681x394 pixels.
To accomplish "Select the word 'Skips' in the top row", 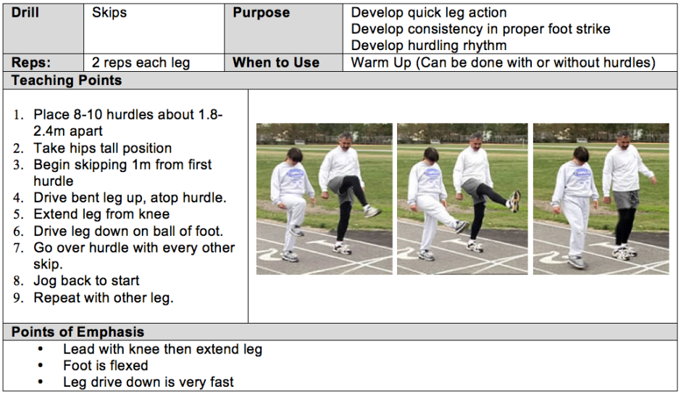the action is (x=109, y=12).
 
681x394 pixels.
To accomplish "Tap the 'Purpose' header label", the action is (x=261, y=12).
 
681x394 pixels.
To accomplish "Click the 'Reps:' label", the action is (x=31, y=62).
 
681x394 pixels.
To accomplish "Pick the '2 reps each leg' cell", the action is (x=141, y=62).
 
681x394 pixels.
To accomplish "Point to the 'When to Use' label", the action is (x=276, y=62).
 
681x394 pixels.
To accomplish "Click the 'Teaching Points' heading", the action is (x=67, y=81).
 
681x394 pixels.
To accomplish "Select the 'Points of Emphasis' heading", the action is (x=78, y=332).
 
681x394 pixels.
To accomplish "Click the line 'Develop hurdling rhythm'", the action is (x=429, y=45).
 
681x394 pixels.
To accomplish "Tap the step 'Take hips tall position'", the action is (x=102, y=148).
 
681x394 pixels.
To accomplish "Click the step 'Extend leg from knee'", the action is (x=101, y=214).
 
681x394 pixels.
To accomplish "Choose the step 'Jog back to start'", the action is (x=86, y=281).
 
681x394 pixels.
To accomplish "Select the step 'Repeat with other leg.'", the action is (x=104, y=298).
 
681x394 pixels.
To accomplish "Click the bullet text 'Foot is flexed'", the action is (x=106, y=365).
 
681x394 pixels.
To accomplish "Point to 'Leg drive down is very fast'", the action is (x=148, y=382).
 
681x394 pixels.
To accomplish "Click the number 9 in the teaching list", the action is (x=17, y=298).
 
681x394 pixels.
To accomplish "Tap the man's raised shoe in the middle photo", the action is (x=515, y=200).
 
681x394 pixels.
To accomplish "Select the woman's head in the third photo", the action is (x=581, y=155).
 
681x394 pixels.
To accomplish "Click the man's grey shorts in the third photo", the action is (x=626, y=199).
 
